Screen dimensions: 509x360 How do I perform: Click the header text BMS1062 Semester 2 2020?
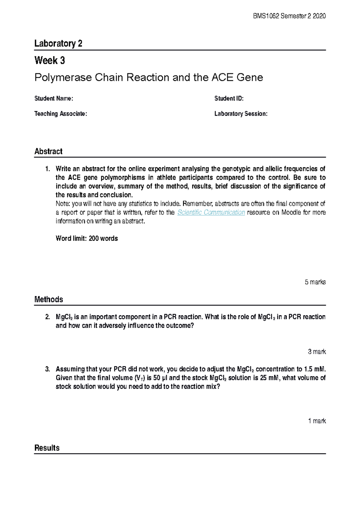point(289,16)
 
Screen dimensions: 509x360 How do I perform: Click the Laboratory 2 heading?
point(58,43)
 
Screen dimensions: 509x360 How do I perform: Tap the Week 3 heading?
point(49,61)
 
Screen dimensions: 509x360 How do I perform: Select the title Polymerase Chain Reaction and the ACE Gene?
point(148,78)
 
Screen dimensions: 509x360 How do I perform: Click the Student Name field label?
point(54,98)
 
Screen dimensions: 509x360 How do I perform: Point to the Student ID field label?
point(229,98)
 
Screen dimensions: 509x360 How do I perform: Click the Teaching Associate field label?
point(61,114)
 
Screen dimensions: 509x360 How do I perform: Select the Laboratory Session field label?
point(241,114)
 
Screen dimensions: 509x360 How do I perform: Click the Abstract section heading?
point(48,151)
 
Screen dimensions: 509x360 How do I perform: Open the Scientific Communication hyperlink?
point(211,213)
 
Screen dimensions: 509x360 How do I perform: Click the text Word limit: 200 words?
point(87,239)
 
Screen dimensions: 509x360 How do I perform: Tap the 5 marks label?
point(315,282)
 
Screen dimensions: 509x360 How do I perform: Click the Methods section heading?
point(49,299)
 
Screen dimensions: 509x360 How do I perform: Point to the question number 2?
point(47,317)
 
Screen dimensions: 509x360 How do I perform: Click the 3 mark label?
point(316,352)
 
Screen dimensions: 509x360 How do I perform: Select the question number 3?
point(47,369)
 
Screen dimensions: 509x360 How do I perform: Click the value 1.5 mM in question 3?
point(315,369)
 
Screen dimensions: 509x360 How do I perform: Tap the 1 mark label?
point(317,421)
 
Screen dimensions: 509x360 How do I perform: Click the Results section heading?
point(47,448)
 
